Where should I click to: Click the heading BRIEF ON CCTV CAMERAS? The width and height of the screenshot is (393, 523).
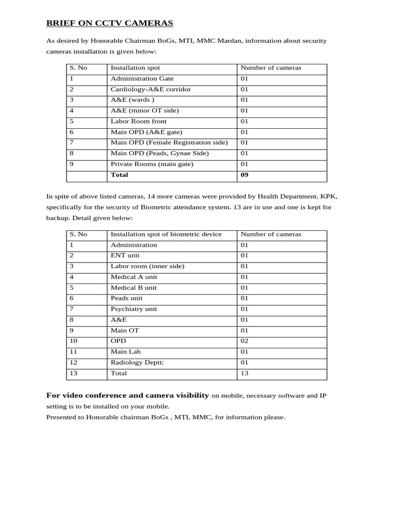click(110, 23)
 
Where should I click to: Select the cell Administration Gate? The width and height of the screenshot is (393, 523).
click(142, 79)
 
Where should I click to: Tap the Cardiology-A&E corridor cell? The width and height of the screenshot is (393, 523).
click(150, 89)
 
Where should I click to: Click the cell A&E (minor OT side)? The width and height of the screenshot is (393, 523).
click(144, 111)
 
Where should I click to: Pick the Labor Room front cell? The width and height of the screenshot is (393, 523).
click(138, 122)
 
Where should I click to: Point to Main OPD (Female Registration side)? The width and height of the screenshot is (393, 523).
click(169, 143)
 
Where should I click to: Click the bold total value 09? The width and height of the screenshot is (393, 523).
click(245, 175)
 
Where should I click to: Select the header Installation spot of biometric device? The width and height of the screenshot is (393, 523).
click(166, 234)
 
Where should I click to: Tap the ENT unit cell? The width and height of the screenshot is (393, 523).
click(125, 255)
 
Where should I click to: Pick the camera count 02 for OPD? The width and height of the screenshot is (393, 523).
click(244, 341)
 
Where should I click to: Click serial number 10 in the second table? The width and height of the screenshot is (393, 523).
click(73, 341)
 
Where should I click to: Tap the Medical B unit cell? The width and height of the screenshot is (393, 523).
click(134, 288)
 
